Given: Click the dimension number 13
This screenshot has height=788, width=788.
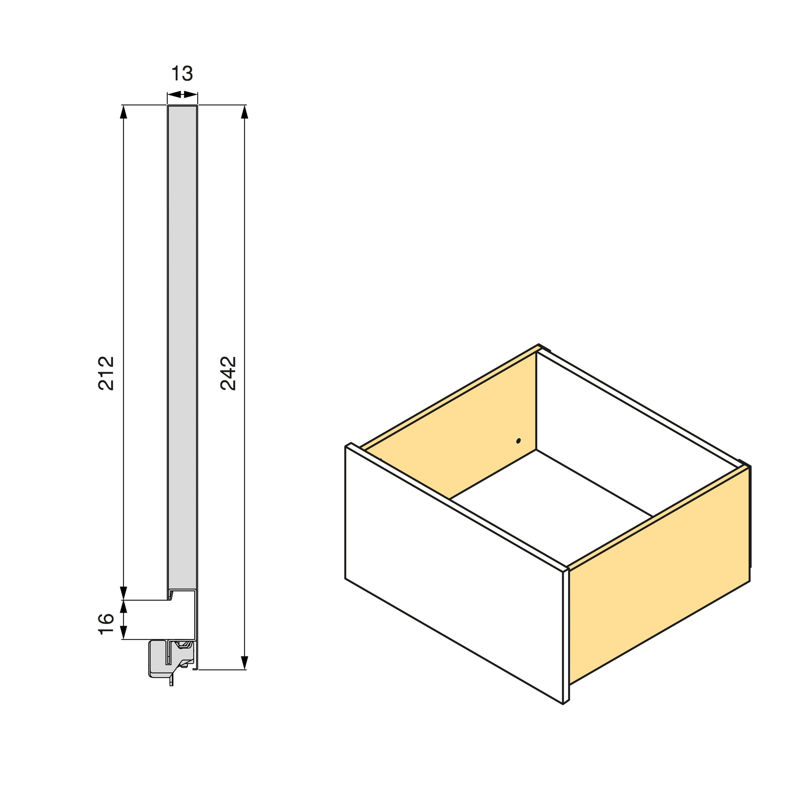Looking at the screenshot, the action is pyautogui.click(x=182, y=74).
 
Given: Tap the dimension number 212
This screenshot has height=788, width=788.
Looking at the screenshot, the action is pyautogui.click(x=106, y=374).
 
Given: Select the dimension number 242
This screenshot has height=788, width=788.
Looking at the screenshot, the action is pyautogui.click(x=228, y=374).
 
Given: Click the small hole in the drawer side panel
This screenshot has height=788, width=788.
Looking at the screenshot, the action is pyautogui.click(x=518, y=441).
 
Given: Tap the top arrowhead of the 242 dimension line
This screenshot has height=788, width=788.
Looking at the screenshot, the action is pyautogui.click(x=244, y=112).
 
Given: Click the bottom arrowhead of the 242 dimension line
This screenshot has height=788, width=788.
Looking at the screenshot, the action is pyautogui.click(x=244, y=663).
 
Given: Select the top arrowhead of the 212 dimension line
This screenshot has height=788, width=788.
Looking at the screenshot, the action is pyautogui.click(x=124, y=112).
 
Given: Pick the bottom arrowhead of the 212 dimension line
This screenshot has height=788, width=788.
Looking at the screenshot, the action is pyautogui.click(x=124, y=593).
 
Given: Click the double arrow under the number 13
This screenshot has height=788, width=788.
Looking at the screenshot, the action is pyautogui.click(x=182, y=95).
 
